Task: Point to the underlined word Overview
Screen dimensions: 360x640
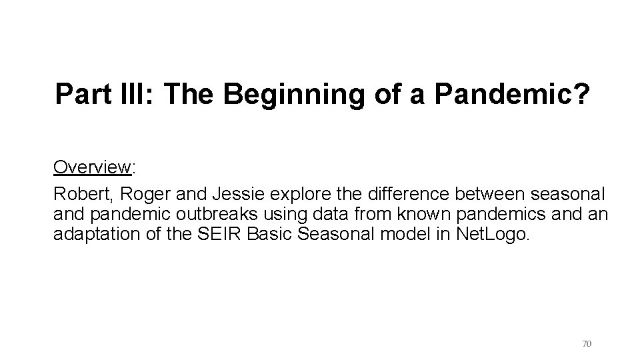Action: coord(91,167)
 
